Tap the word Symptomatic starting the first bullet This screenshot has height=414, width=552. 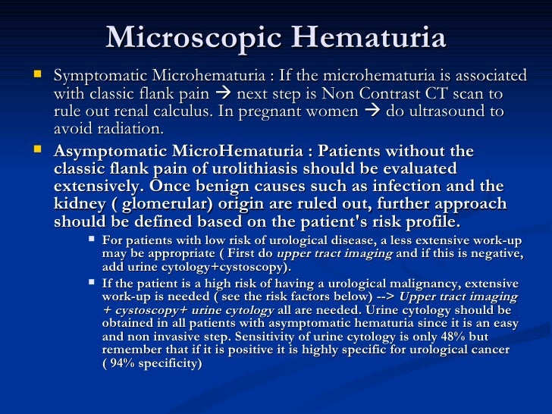point(102,77)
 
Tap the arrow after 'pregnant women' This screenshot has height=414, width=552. point(371,111)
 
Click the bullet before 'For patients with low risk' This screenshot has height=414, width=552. point(91,240)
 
